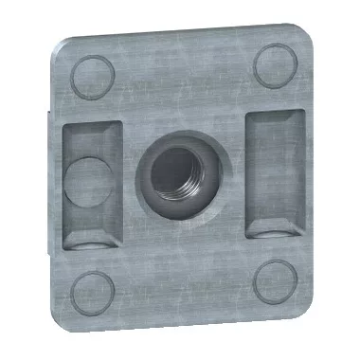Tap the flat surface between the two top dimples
point(180,66)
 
